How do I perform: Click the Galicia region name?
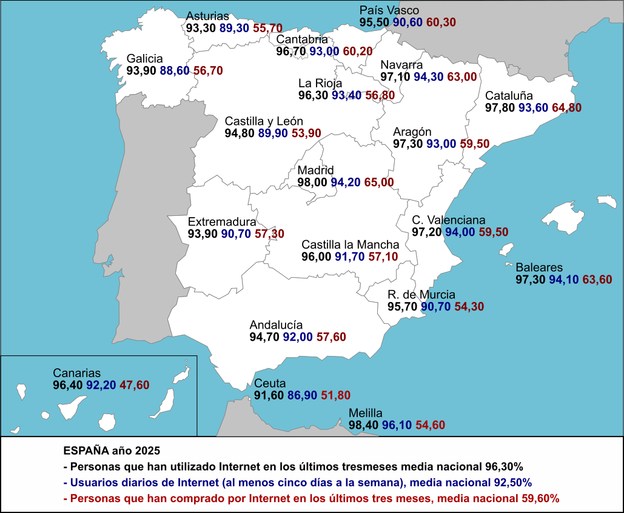coord(144,59)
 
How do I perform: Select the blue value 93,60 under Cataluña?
coord(534,108)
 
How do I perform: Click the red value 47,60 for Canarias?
coord(134,385)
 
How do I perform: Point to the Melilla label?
coord(366,414)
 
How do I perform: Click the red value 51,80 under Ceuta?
coord(335,395)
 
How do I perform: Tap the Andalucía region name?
coord(276,325)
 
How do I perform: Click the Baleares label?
coord(539,267)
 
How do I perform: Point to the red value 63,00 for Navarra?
coord(462,77)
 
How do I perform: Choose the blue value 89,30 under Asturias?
coord(235,28)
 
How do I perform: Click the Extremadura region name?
coord(222,222)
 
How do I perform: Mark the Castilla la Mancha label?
coord(351,245)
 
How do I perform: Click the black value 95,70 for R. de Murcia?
coord(403,307)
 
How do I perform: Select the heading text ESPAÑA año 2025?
coord(112,452)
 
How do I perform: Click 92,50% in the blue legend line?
coord(509,483)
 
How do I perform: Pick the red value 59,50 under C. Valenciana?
coord(494,232)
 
